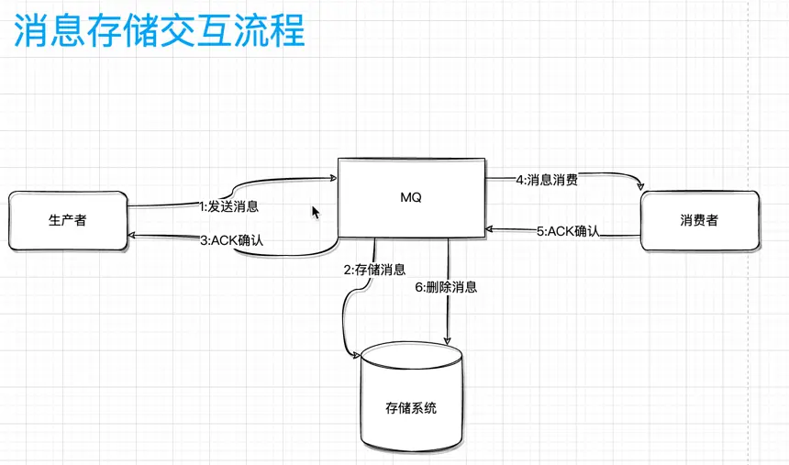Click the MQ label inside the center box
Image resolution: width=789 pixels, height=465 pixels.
coord(410,197)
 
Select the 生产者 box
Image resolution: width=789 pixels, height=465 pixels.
coord(67,220)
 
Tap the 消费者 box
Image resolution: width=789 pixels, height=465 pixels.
coord(699,220)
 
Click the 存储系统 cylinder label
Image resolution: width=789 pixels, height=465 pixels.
coord(411,407)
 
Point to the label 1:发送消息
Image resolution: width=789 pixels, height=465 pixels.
coord(228,206)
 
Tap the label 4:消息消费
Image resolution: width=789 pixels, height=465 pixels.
coord(546,180)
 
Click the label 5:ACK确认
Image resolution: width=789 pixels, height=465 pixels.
coord(567,231)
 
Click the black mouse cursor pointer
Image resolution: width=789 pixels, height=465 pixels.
coord(316,212)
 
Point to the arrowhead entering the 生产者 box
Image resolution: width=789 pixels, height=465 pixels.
coord(132,236)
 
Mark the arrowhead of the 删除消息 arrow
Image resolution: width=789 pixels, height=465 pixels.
coord(447,340)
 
